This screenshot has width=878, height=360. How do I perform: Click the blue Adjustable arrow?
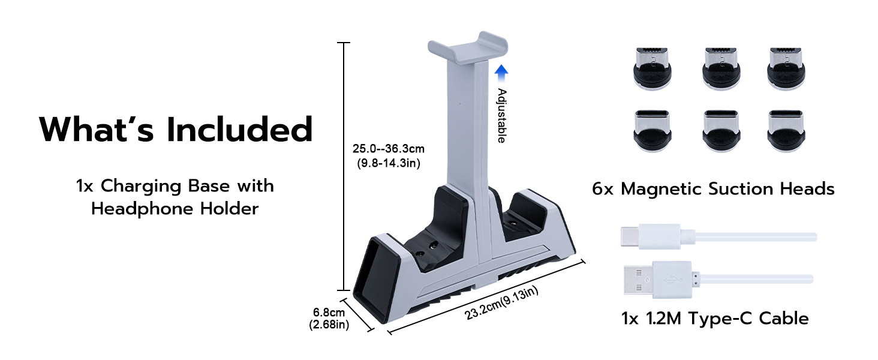click(501, 74)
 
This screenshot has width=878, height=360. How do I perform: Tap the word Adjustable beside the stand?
click(502, 116)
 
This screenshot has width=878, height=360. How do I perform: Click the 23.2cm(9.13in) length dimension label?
click(501, 303)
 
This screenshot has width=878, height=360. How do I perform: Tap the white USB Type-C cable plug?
click(651, 236)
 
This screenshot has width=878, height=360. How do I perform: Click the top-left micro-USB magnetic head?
click(653, 68)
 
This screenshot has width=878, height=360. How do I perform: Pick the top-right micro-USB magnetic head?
click(786, 68)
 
